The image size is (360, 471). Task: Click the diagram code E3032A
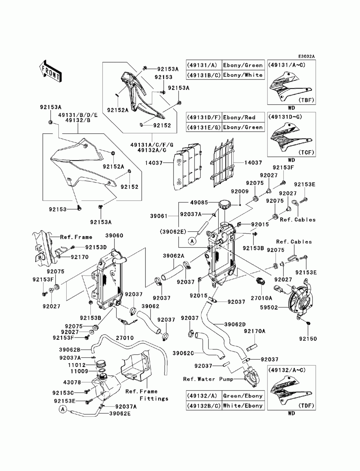tap(306, 56)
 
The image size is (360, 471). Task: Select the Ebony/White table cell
tap(243, 75)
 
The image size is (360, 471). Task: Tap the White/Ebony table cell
tap(243, 406)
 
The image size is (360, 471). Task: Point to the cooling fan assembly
tap(296, 299)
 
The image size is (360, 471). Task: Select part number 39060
tap(114, 235)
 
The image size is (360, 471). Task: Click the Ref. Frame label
tap(76, 237)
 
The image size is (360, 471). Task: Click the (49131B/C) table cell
tap(203, 75)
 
